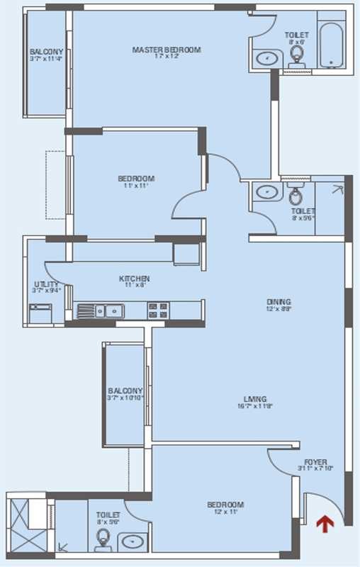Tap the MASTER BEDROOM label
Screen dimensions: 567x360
167,50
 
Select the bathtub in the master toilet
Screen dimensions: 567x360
331,46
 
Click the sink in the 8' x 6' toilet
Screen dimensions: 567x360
266,58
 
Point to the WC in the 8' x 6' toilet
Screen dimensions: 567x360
297,57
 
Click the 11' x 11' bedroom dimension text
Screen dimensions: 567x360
136,186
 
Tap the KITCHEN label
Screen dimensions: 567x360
134,279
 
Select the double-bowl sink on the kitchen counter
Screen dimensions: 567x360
101,310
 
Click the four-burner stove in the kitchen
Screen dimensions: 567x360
157,310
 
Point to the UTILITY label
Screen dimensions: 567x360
45,284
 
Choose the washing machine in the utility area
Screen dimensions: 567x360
40,313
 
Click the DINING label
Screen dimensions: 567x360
279,302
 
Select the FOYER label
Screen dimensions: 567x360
315,462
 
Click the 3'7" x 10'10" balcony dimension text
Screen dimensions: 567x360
125,398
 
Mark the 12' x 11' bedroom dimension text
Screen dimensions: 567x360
225,513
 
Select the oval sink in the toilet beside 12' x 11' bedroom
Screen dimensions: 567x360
132,541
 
